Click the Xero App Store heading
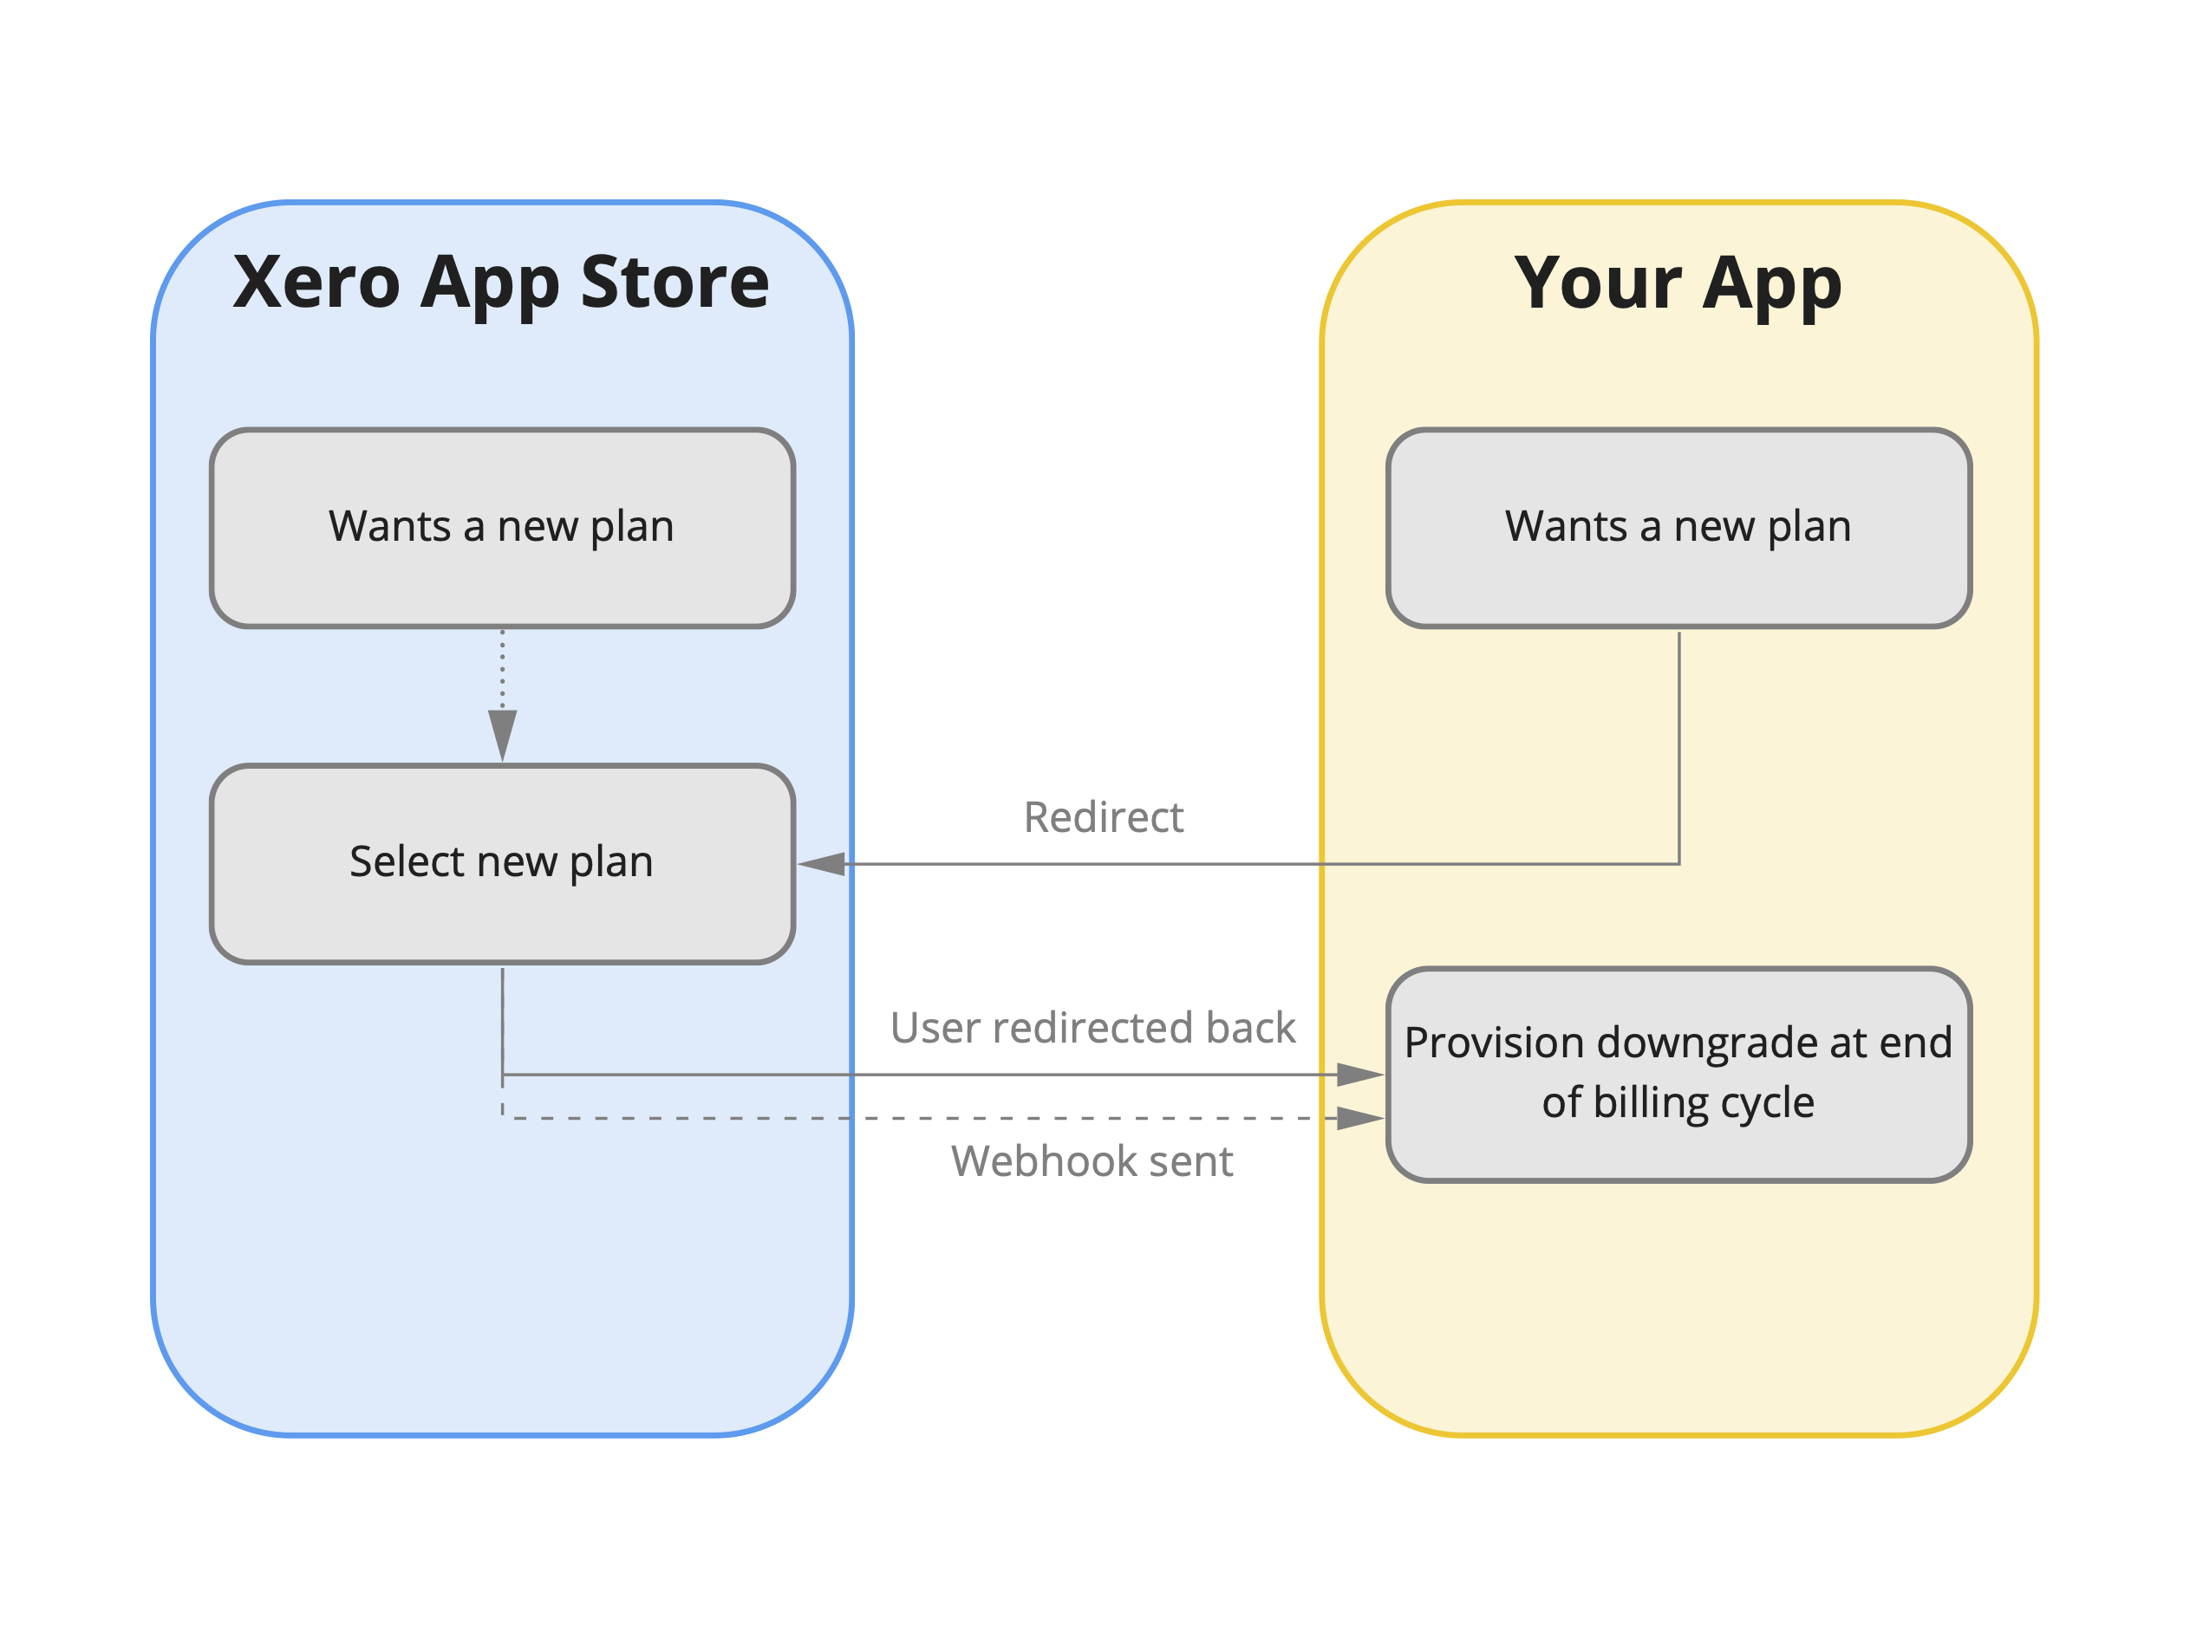[x=501, y=283]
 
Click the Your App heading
[x=1678, y=284]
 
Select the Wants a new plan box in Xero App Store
[x=502, y=528]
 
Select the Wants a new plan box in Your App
[x=1678, y=528]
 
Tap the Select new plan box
[x=502, y=863]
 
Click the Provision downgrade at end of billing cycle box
[x=1678, y=1075]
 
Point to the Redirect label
[x=1103, y=817]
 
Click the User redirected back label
[x=1092, y=1027]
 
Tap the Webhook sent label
[x=1092, y=1161]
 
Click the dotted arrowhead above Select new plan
[x=503, y=732]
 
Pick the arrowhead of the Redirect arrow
[x=822, y=864]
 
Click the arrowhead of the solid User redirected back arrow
[x=1359, y=1075]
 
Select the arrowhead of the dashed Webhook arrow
[x=1359, y=1119]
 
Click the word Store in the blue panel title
[x=675, y=283]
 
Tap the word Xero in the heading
[x=316, y=283]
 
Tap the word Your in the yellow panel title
[x=1597, y=284]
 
